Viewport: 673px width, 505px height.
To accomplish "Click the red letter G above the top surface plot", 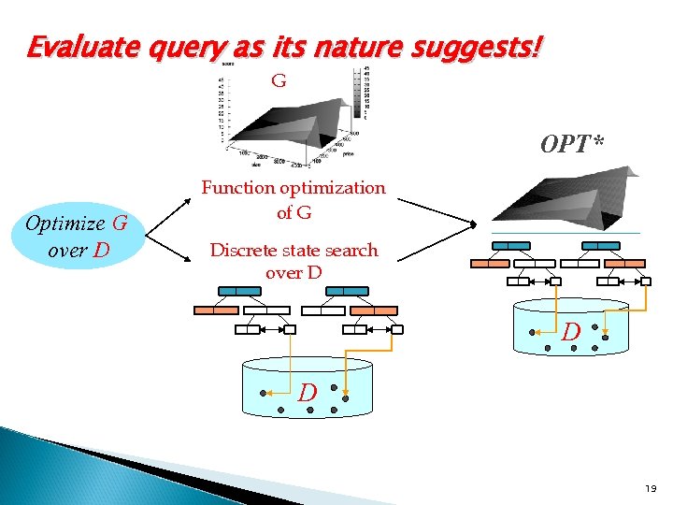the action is pos(278,81).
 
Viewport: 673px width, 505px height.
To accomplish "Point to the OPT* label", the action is pos(571,145).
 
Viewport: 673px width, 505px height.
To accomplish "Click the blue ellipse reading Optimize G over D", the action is pos(76,237).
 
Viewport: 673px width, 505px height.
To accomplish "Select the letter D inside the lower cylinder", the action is pos(308,393).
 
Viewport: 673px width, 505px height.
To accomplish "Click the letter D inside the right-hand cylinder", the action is pos(571,331).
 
